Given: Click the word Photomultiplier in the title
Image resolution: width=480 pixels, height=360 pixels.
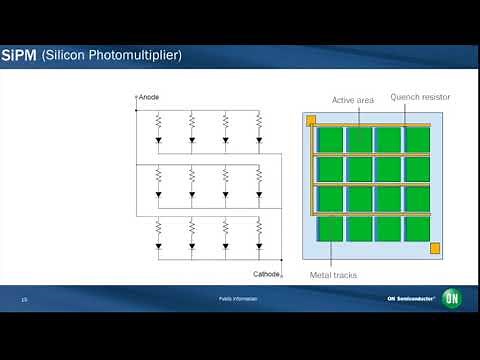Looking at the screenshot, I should pos(133,54).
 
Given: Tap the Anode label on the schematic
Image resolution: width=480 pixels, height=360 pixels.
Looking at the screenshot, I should pos(148,97).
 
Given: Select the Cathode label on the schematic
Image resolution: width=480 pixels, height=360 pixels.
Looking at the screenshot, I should pos(265,273).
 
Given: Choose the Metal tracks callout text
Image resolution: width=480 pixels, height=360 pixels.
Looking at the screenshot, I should pos(333,275).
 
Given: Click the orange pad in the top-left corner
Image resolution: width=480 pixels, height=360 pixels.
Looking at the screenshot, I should pos(311,121).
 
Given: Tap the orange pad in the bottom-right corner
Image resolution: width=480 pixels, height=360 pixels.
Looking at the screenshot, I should pos(434,248).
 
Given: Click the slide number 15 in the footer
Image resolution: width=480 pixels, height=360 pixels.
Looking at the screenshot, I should pos(24,299).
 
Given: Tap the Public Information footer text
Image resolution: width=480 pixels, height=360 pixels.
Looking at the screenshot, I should pos(239,299).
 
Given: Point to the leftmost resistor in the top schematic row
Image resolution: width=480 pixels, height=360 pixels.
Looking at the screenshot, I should pos(158,123).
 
